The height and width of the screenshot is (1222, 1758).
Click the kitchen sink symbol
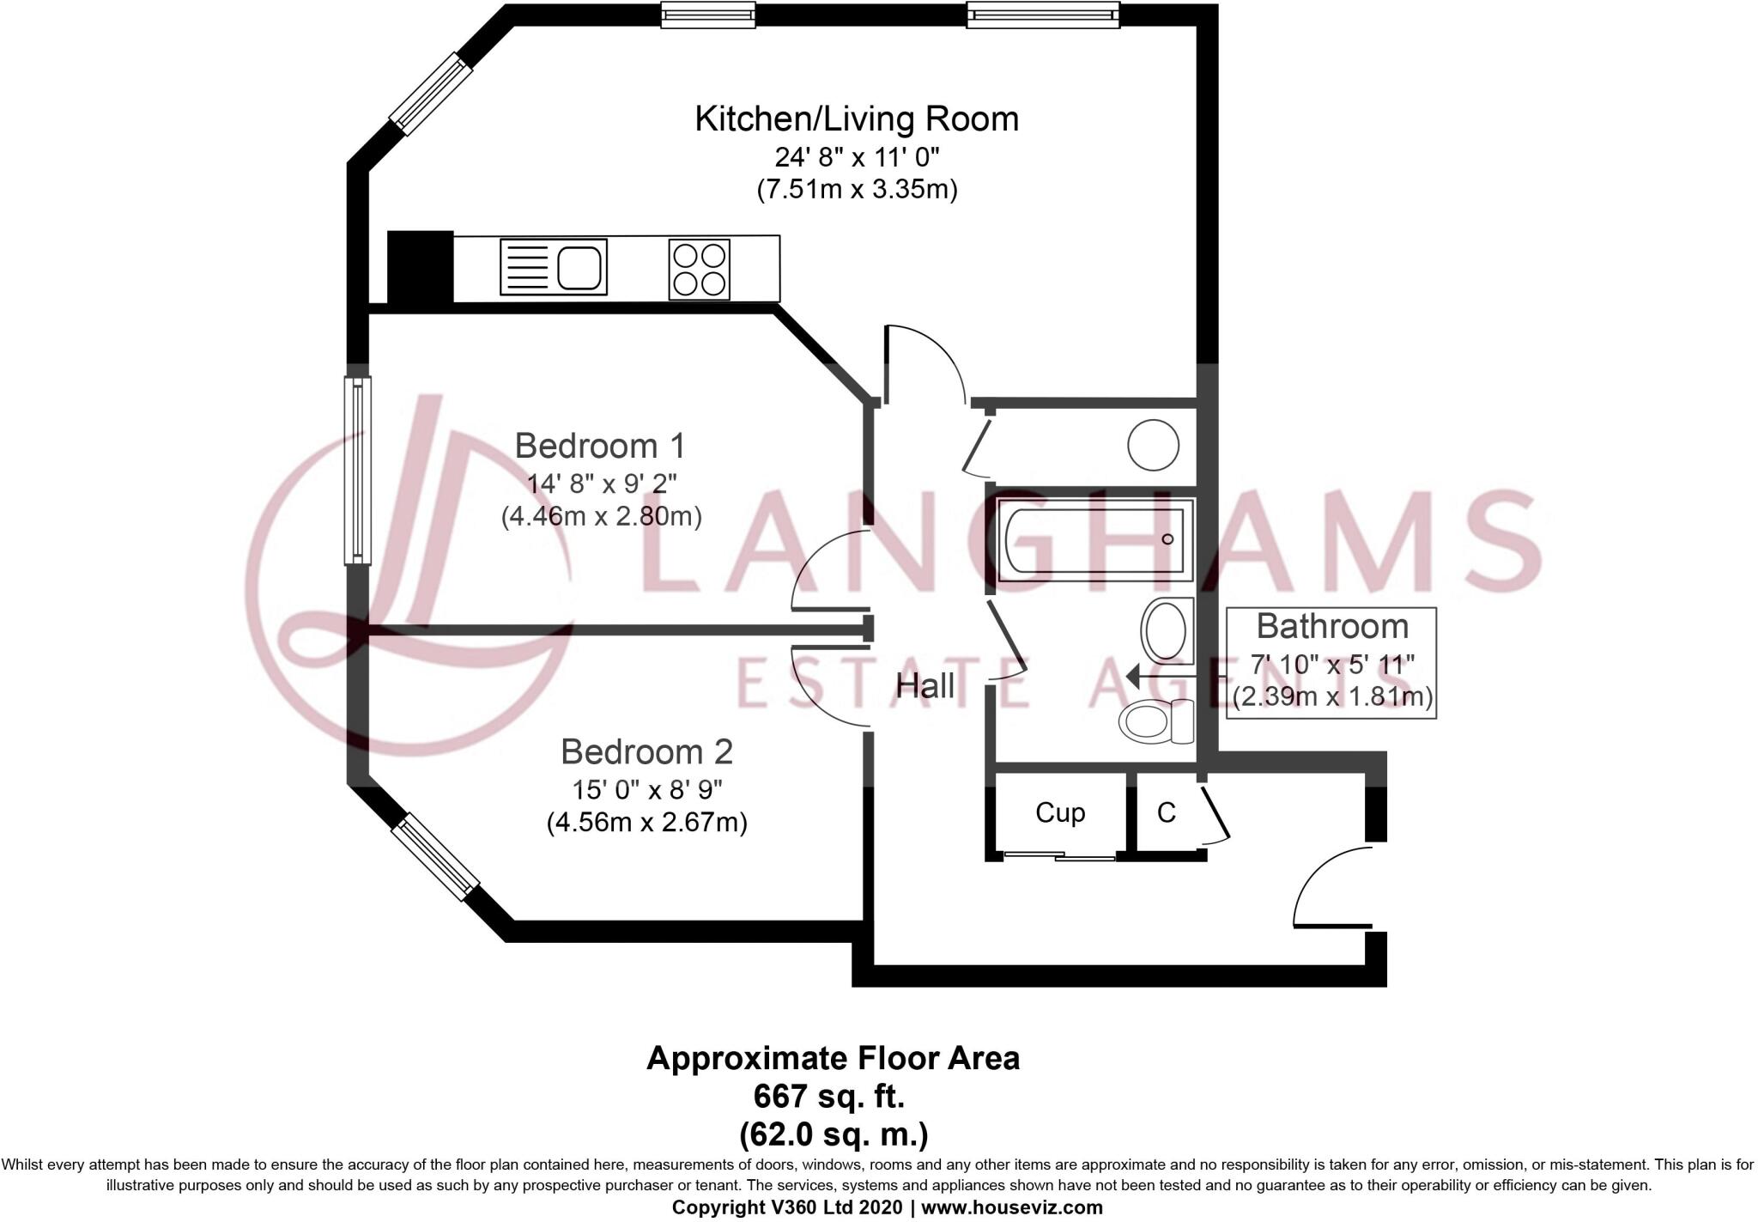554,267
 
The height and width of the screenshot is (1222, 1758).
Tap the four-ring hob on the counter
700,269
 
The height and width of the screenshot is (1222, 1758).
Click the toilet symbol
1155,720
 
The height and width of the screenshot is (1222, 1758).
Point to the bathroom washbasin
1167,630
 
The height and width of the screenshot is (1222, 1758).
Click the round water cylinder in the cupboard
1153,444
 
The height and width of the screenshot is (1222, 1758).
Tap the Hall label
924,685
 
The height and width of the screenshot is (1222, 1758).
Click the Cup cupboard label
1060,812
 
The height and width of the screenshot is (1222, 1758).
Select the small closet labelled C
1166,812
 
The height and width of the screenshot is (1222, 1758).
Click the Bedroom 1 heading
600,446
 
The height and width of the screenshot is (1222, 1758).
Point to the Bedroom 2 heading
646,751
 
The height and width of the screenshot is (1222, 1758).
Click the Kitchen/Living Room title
857,119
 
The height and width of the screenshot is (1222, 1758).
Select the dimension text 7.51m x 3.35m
857,189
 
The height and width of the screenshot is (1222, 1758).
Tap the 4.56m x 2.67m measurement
646,823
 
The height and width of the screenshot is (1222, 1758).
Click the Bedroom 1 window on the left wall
357,470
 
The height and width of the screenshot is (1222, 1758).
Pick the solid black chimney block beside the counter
420,266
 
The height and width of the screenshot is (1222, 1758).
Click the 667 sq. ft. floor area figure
829,1097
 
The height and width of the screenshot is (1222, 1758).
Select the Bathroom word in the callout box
1332,626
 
